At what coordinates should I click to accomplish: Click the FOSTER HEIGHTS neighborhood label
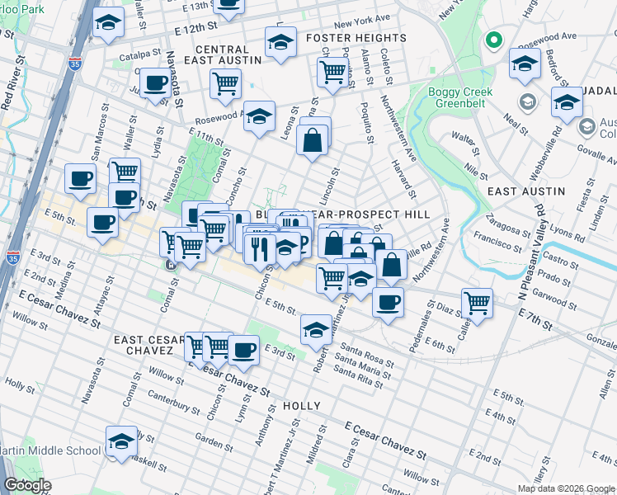point(356,38)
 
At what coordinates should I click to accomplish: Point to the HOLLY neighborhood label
point(301,406)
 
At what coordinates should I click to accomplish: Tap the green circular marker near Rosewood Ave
point(494,40)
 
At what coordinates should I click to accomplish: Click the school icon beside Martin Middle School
point(122,441)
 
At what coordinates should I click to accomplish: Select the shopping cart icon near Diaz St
point(477,302)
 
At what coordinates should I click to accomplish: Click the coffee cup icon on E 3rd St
point(243,349)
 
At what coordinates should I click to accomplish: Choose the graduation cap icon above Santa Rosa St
point(316,330)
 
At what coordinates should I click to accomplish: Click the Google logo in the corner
point(28,484)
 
